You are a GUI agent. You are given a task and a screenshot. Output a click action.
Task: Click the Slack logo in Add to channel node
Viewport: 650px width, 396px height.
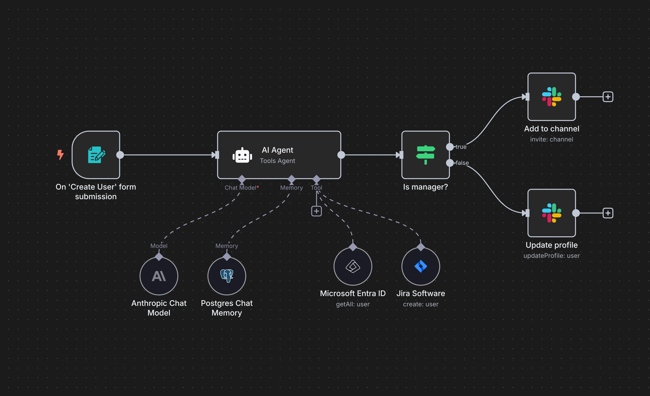coord(551,97)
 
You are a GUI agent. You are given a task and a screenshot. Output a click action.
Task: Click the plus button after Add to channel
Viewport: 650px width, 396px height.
coord(608,97)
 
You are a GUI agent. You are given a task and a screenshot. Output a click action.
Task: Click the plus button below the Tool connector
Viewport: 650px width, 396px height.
coord(316,211)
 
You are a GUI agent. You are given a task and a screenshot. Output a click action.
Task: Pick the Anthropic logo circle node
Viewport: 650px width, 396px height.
coord(159,276)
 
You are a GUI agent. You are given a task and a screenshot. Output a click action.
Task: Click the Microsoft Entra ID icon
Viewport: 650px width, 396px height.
coord(353,266)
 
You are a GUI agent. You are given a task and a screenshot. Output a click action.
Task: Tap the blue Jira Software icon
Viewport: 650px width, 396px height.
coord(420,266)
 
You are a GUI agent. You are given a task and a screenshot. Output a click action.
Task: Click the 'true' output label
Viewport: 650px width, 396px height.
coord(461,147)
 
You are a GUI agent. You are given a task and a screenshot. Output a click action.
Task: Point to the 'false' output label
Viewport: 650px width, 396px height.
coord(462,163)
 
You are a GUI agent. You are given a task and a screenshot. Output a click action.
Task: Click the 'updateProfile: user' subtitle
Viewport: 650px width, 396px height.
coord(551,256)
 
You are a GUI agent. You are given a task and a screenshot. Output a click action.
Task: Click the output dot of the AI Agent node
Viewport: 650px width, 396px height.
coord(341,155)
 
